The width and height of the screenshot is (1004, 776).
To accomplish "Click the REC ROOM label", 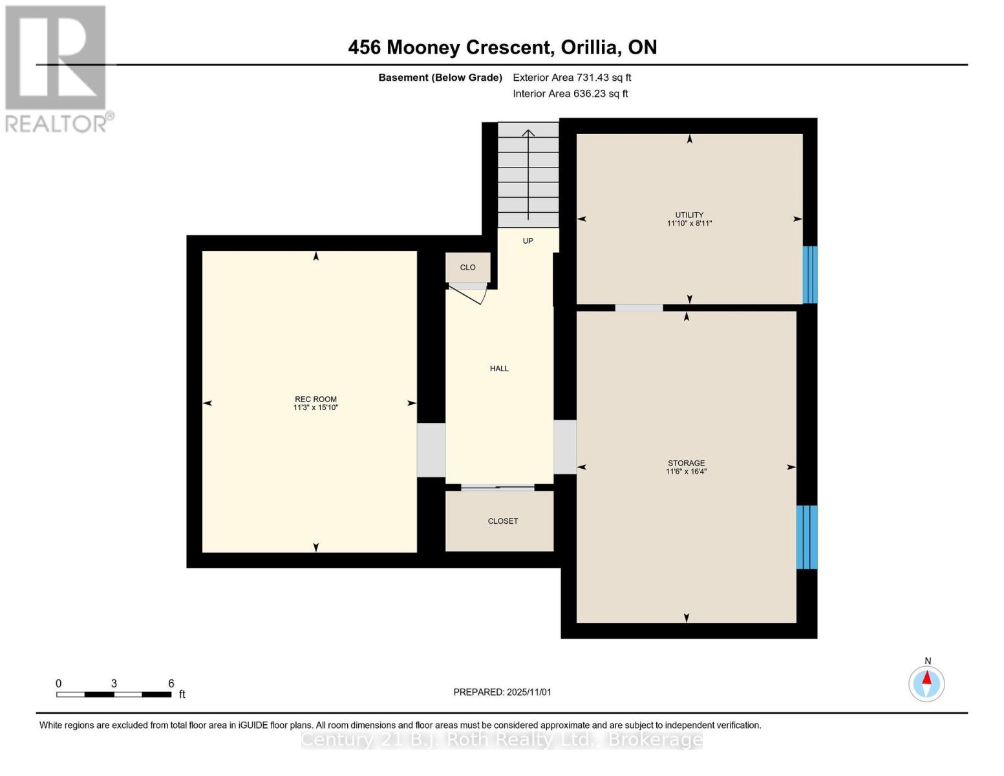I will pos(315,400).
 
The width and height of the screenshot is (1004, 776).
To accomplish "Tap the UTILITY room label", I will pos(689,215).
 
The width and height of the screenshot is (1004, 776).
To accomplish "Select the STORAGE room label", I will pos(686,464).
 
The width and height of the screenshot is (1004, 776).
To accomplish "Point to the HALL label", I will pos(499,369).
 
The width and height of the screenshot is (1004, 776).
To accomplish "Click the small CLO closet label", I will pos(467,268).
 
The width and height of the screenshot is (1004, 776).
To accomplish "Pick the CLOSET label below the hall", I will pos(503,521).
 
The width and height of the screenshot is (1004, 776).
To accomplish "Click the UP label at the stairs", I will pos(528,241).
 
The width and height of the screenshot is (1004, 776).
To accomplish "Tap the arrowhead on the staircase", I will pos(529,134).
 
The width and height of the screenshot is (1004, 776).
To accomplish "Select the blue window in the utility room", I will pos(810,275).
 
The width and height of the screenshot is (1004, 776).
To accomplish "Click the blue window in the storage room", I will pos(807,537).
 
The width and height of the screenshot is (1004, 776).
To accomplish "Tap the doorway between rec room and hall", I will pos(431,450).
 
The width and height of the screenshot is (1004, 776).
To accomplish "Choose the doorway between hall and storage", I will pos(565,447).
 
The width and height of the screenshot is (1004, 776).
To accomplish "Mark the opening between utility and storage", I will pos(639,308).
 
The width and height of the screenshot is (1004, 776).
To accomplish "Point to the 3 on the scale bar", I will pos(114,684).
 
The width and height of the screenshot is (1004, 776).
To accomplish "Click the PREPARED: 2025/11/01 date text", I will pos(502,692).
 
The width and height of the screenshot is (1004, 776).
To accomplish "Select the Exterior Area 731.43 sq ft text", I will pos(571,78).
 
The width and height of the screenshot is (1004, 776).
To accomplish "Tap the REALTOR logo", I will pos(57,69).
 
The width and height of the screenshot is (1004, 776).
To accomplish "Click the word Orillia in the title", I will pos(591,47).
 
